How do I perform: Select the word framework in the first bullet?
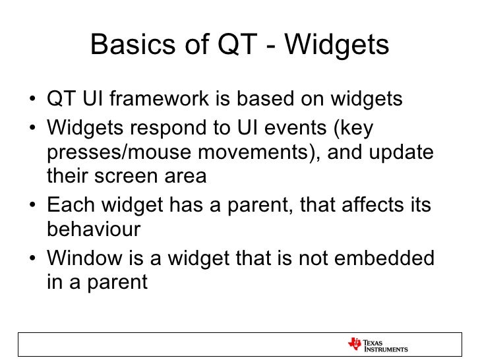159,98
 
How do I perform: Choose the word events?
295,128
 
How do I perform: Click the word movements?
253,152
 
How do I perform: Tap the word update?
401,153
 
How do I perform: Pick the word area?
185,176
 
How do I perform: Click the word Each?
71,204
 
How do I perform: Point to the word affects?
373,204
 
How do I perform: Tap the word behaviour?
94,229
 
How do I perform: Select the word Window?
84,258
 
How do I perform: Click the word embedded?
384,258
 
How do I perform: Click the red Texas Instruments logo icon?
355,344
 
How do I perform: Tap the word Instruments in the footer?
386,349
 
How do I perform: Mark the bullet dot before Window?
32,258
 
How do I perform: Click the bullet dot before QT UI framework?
32,99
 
